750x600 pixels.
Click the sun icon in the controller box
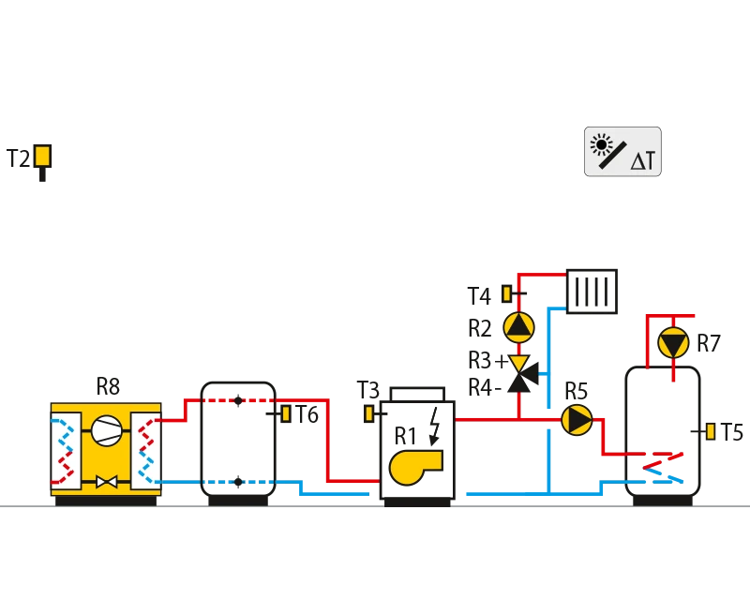tap(601, 143)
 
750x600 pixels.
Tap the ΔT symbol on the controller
tap(643, 161)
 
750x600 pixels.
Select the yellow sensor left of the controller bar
tap(41, 156)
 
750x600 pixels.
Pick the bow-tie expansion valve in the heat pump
tap(106, 482)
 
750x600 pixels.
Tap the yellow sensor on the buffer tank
tap(286, 412)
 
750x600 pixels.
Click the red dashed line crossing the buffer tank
tap(236, 399)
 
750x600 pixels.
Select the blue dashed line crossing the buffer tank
tap(236, 483)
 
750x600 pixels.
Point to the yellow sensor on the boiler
tap(369, 412)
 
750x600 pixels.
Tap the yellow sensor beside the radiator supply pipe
tap(507, 293)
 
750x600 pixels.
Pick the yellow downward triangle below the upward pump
tap(517, 363)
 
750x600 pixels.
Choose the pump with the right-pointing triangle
tap(577, 419)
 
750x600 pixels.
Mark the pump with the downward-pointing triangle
tap(672, 345)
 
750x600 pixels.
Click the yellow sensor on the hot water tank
tap(711, 431)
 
